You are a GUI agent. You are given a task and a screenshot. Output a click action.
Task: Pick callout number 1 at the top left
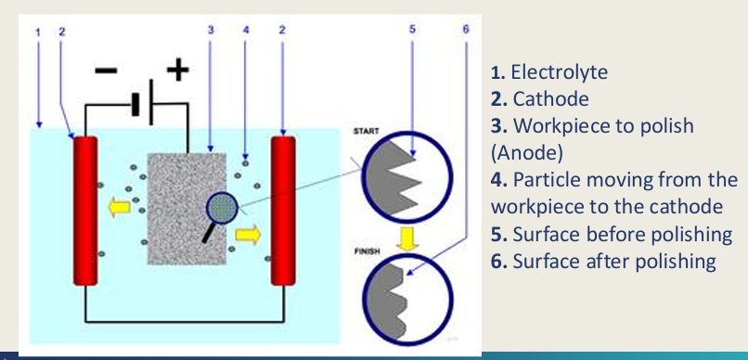pyautogui.click(x=38, y=31)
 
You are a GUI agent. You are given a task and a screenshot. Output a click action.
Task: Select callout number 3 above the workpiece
pyautogui.click(x=211, y=31)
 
